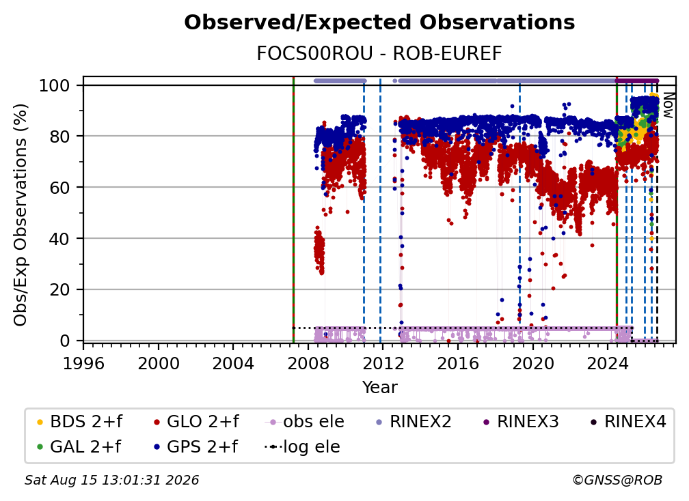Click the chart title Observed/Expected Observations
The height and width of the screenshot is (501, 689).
tap(379, 23)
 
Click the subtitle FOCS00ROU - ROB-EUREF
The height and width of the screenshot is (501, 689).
tap(379, 54)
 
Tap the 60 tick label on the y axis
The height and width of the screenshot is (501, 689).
tap(59, 187)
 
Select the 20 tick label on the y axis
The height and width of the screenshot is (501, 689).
tap(59, 289)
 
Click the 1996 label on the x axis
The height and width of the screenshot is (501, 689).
tap(83, 364)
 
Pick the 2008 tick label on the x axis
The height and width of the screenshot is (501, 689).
tap(308, 364)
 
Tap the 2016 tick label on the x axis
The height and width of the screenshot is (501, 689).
tap(458, 364)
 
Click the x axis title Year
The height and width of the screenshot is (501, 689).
tap(379, 388)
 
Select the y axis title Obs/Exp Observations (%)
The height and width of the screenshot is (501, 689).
tap(21, 215)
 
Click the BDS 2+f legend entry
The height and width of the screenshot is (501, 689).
tap(79, 422)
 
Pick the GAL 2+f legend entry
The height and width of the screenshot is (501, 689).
tap(79, 447)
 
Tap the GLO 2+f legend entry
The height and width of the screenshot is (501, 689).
tap(196, 422)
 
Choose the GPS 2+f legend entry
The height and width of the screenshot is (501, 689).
tap(195, 447)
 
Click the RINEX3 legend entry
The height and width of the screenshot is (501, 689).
tap(520, 422)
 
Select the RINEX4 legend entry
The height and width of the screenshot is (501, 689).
tap(628, 422)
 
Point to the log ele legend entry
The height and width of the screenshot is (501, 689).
tap(302, 447)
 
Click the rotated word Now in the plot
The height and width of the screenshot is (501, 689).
tap(667, 105)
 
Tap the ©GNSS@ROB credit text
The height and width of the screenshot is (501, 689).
tap(617, 480)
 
